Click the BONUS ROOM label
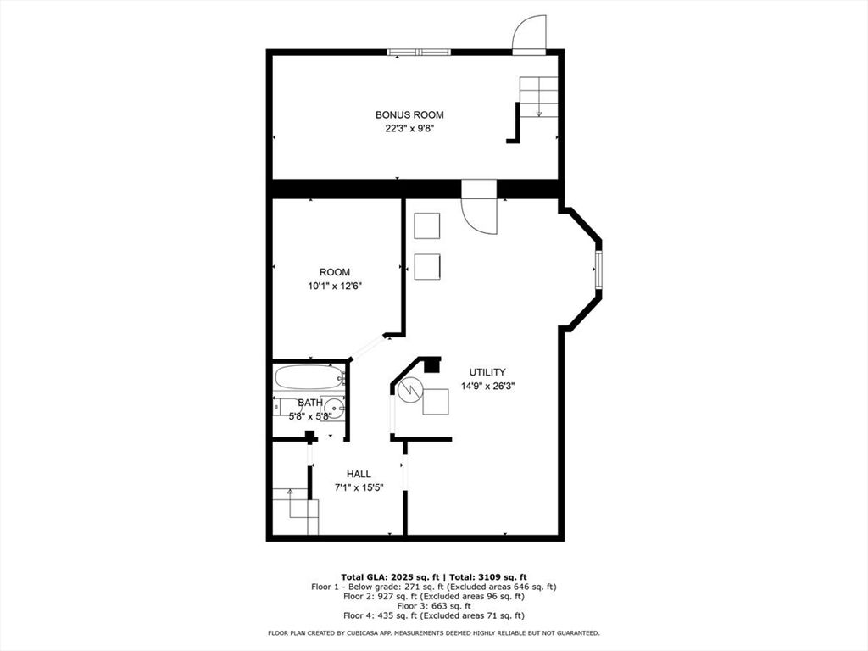409,114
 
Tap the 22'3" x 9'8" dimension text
409,129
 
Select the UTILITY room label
487,372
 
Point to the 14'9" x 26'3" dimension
487,386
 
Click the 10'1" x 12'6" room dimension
335,287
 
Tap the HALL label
359,474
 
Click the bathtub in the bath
309,377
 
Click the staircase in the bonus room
538,97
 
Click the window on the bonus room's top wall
419,53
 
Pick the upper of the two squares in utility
426,226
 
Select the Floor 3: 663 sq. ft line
433,606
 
